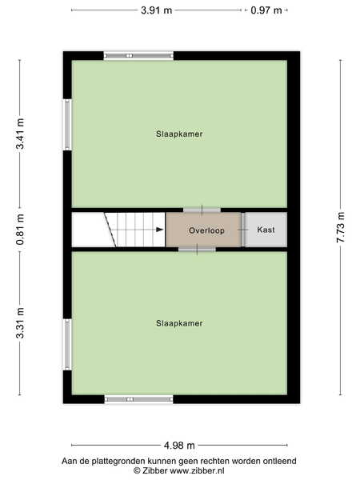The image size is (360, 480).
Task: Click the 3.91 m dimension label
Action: [157, 10]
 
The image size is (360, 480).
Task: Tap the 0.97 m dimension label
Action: [266, 10]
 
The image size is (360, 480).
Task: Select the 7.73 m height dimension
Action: [340, 227]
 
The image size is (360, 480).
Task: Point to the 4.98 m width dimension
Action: [179, 446]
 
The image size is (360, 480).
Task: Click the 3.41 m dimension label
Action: [20, 134]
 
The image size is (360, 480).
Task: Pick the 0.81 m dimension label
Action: [20, 230]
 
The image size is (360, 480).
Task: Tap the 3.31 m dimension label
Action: [20, 323]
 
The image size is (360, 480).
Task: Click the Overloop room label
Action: [206, 230]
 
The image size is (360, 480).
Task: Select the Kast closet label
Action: [266, 230]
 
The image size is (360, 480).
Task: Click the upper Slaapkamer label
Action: [179, 134]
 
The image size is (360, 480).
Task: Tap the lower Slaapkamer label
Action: [179, 323]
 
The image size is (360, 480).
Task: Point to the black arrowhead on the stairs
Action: [159, 230]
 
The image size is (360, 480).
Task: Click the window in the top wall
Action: [138, 56]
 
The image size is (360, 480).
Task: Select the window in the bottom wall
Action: [138, 399]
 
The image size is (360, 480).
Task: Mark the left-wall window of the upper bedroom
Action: [67, 125]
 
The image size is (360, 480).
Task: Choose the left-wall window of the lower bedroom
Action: [67, 345]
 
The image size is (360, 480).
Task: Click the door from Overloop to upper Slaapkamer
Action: [202, 210]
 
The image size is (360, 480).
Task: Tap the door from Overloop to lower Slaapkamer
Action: [197, 250]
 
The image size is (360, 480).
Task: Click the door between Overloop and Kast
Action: [243, 230]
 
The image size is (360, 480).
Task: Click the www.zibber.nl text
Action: [197, 470]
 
